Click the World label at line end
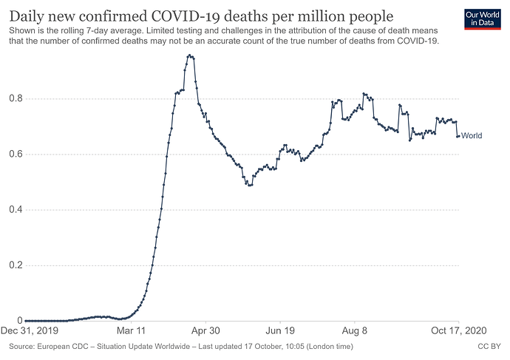click(472, 136)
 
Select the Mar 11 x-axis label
click(130, 332)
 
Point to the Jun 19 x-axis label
click(279, 332)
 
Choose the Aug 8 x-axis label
click(355, 332)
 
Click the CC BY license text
click(490, 345)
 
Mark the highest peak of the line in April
click(190, 55)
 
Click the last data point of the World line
click(458, 136)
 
